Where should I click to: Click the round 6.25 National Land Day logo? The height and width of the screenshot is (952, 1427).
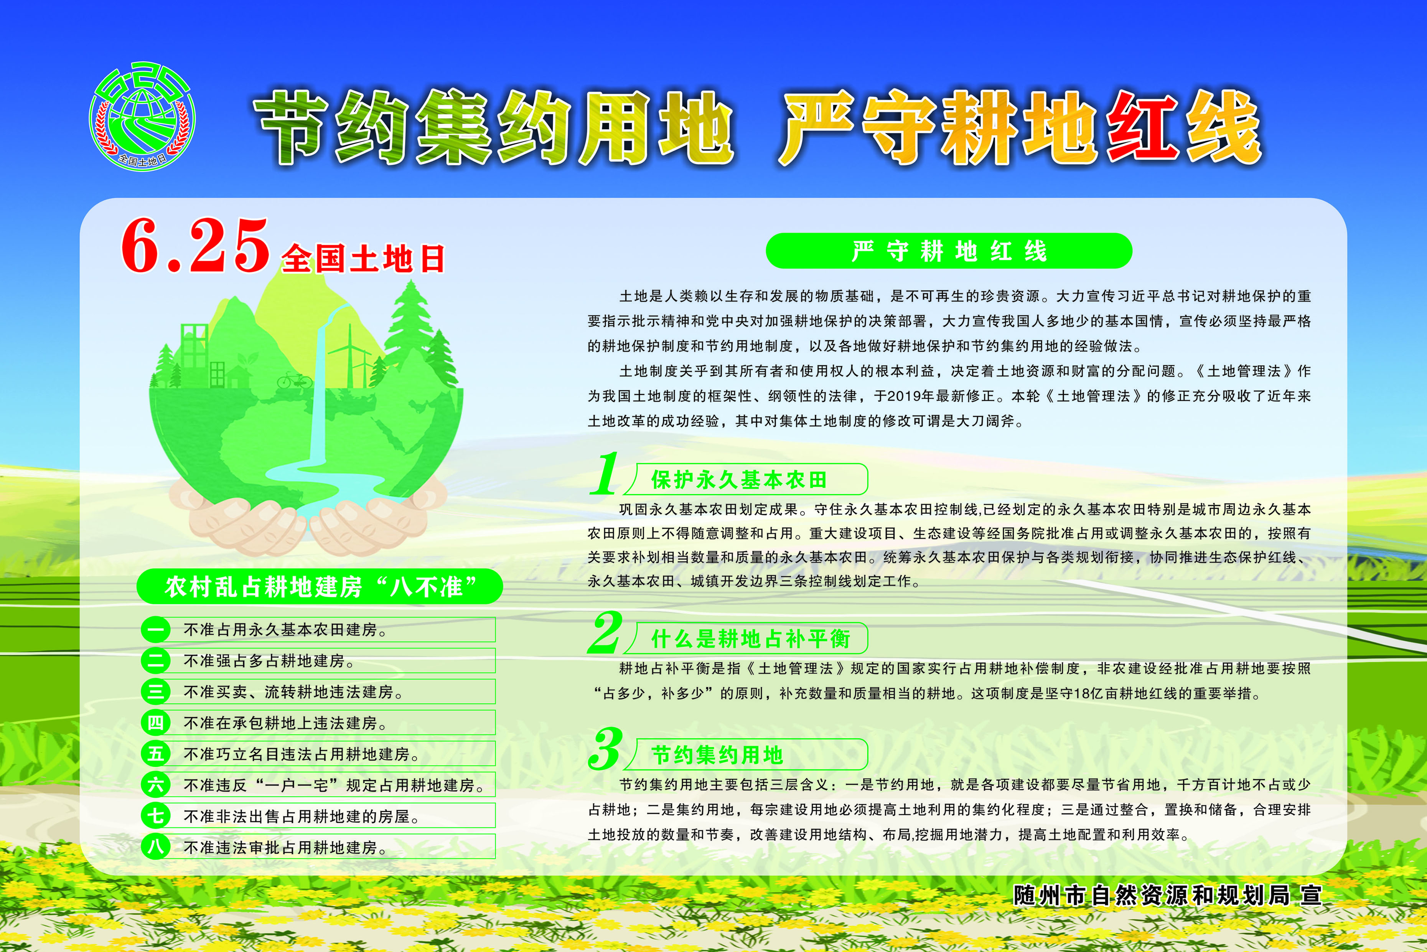[142, 115]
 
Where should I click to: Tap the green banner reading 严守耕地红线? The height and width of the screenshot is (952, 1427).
[949, 251]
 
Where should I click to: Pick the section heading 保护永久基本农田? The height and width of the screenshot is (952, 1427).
[739, 480]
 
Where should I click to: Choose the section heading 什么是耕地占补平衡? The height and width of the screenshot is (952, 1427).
[750, 639]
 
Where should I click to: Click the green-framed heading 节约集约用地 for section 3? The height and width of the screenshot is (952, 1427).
[717, 755]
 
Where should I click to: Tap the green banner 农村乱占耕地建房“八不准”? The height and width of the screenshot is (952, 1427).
[320, 586]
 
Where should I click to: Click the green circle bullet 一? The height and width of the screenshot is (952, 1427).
[155, 630]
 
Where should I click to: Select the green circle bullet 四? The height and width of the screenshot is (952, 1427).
[155, 723]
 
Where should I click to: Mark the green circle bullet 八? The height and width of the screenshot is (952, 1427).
[155, 846]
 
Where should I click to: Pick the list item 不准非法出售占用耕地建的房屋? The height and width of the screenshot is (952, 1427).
[301, 816]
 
